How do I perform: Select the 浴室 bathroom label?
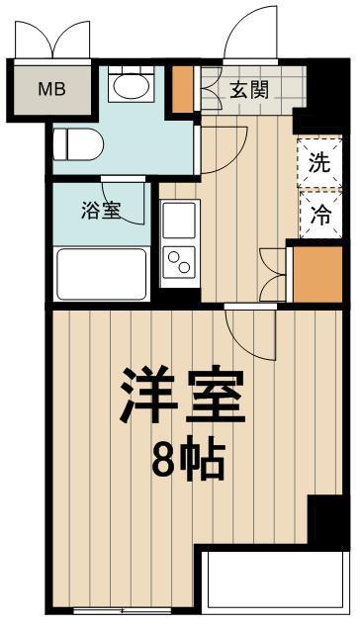(x=103, y=210)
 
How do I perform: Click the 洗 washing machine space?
(x=318, y=163)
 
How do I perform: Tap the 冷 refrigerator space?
(x=318, y=214)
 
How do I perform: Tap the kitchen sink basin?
(x=179, y=221)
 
